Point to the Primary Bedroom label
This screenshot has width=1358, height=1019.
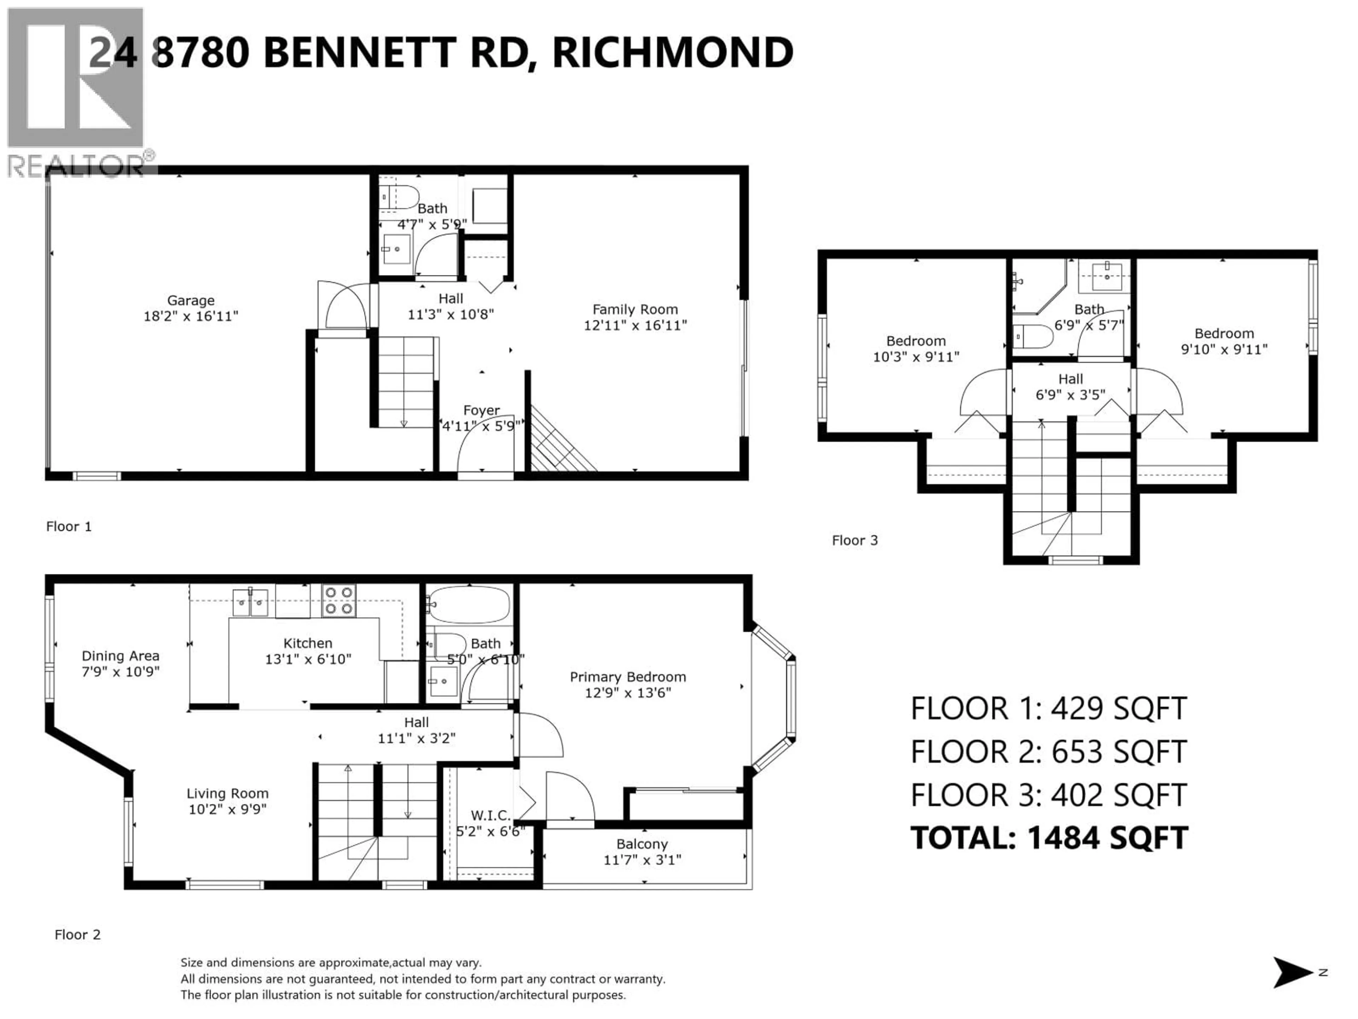(627, 677)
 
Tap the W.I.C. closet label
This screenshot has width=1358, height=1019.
(490, 815)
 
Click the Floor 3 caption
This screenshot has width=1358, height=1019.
(854, 541)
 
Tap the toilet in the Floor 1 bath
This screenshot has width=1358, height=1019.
(399, 197)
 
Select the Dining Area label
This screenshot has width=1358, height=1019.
(120, 656)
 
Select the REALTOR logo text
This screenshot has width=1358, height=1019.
(77, 166)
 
